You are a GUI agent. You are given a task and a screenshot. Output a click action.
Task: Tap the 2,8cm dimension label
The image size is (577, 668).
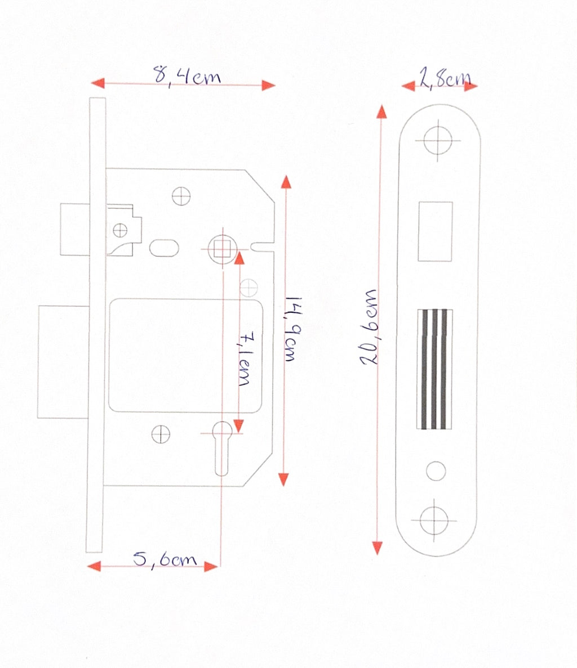click(x=445, y=78)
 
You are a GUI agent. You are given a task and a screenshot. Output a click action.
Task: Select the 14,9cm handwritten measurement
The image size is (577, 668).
click(x=294, y=329)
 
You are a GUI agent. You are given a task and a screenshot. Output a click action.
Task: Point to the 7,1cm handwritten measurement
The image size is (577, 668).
click(x=245, y=358)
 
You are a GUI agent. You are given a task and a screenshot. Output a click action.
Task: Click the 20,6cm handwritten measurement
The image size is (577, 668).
click(x=369, y=327)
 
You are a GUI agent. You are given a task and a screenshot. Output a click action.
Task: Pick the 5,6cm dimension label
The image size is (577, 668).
click(x=165, y=559)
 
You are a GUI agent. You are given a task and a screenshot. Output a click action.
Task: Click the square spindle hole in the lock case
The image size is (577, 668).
click(x=222, y=249)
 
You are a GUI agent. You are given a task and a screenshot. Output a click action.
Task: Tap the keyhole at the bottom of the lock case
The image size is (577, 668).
click(x=222, y=448)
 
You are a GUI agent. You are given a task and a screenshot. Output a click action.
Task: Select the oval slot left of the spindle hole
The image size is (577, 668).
click(x=164, y=248)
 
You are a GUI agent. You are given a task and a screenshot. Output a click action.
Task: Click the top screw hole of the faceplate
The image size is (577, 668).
click(x=438, y=140)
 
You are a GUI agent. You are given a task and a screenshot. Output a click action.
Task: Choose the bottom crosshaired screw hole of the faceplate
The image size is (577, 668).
click(x=434, y=521)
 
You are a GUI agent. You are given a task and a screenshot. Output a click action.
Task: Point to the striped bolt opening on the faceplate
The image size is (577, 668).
click(x=434, y=369)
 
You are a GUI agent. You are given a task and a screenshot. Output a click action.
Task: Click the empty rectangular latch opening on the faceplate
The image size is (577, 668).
click(x=435, y=231)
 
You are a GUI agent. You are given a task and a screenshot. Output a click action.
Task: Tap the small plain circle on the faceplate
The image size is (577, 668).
click(x=436, y=471)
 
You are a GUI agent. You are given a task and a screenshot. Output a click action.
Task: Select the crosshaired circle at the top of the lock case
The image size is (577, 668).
click(x=181, y=196)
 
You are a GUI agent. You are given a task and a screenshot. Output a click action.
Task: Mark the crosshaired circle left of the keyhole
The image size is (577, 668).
click(x=161, y=434)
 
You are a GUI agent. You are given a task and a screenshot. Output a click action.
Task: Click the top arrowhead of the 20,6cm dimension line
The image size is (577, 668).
click(x=381, y=111)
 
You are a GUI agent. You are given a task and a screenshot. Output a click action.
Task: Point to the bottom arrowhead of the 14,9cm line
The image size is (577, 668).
click(x=283, y=479)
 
